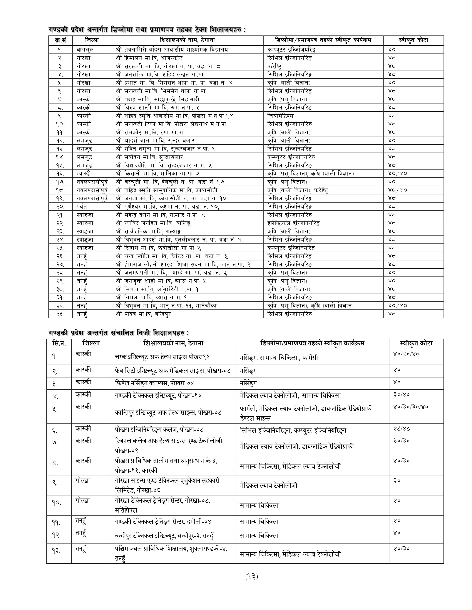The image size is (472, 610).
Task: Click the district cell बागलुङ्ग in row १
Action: (85, 50)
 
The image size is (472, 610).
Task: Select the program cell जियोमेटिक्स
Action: (280, 116)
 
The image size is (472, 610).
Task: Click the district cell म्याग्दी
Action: (84, 173)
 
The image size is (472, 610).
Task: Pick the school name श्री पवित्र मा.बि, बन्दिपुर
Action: (143, 314)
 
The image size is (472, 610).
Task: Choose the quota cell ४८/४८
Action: (401, 428)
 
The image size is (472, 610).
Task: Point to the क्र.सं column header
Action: (60, 40)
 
